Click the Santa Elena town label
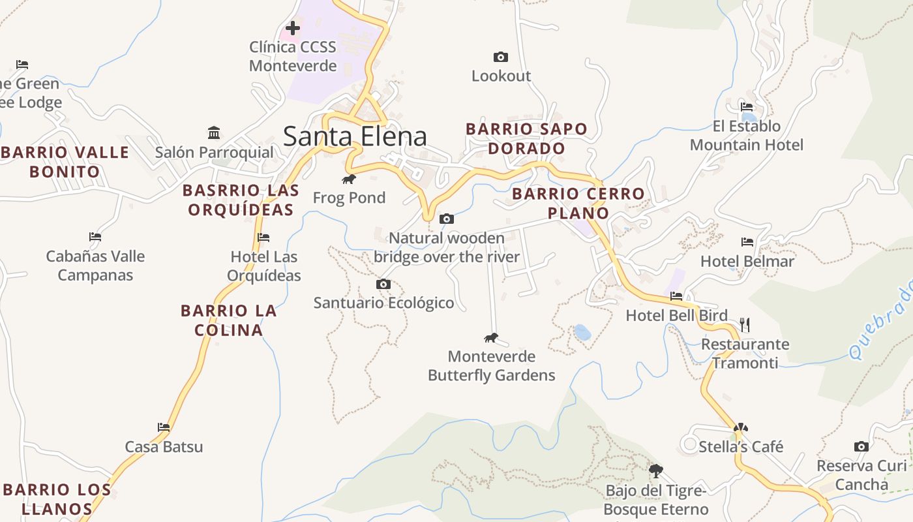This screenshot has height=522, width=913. (355, 136)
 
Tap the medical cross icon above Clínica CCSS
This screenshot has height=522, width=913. (293, 28)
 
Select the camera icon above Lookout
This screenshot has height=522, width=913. (501, 57)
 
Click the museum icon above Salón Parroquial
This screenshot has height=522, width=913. (214, 133)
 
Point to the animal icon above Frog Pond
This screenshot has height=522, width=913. (349, 179)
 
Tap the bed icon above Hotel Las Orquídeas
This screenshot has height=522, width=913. (263, 238)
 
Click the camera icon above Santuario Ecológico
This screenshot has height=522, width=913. (383, 284)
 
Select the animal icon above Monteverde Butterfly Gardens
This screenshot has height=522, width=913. (491, 337)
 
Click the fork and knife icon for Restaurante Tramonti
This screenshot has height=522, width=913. (745, 324)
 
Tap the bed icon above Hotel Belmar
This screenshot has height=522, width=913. (747, 242)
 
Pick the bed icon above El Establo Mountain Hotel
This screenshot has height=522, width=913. (747, 107)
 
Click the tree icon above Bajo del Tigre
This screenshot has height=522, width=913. (656, 470)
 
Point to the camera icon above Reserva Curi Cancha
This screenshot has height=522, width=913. (861, 447)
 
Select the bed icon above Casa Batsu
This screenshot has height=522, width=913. (164, 427)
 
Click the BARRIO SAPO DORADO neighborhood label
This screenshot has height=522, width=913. (526, 138)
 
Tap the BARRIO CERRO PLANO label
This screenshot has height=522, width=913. (578, 203)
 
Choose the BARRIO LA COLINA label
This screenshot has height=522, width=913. (229, 320)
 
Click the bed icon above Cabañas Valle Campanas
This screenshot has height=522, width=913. (95, 237)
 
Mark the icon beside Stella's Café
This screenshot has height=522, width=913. (740, 428)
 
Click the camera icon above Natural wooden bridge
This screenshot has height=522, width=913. (447, 219)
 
